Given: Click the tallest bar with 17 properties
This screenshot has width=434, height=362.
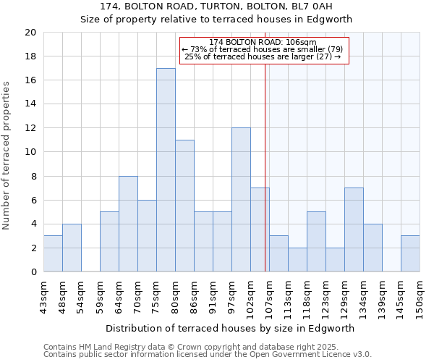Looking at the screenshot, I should (x=166, y=170).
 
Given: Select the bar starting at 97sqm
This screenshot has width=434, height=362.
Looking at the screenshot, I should (x=241, y=200).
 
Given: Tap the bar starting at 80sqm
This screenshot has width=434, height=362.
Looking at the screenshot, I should (x=184, y=206).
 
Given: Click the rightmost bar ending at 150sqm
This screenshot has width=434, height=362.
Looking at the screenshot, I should (x=410, y=253).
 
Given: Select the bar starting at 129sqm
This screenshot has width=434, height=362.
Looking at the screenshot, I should (x=354, y=230).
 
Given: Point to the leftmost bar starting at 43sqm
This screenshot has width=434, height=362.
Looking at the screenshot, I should (x=53, y=253).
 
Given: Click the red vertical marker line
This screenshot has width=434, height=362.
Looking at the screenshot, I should (x=265, y=181).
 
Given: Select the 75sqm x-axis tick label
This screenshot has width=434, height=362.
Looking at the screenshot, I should (x=157, y=296).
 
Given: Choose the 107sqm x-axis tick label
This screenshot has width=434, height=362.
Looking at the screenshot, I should (x=270, y=298).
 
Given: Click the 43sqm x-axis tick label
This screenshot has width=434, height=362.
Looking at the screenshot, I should (x=44, y=296).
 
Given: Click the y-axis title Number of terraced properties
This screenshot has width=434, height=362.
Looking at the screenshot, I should (x=7, y=155).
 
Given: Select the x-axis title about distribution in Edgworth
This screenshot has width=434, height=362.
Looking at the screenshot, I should (x=230, y=328).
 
